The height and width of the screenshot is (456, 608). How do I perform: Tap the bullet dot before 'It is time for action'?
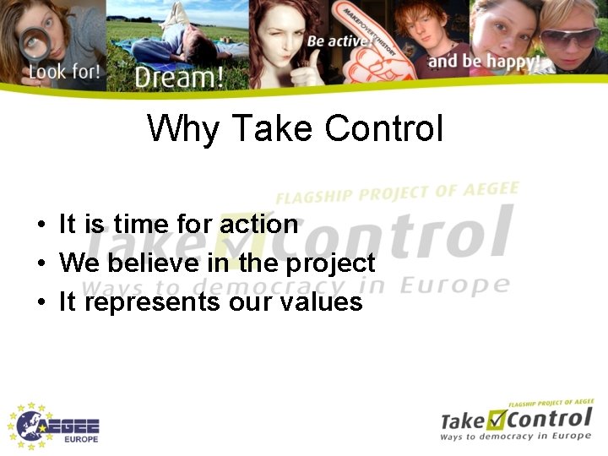(41, 225)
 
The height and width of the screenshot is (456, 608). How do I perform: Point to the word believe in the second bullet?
(143, 263)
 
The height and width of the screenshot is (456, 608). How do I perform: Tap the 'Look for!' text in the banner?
(64, 72)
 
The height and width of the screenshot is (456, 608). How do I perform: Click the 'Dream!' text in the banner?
(179, 77)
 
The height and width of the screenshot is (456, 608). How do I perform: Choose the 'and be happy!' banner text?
(484, 61)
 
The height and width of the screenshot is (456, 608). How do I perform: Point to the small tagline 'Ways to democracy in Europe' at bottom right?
(515, 436)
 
